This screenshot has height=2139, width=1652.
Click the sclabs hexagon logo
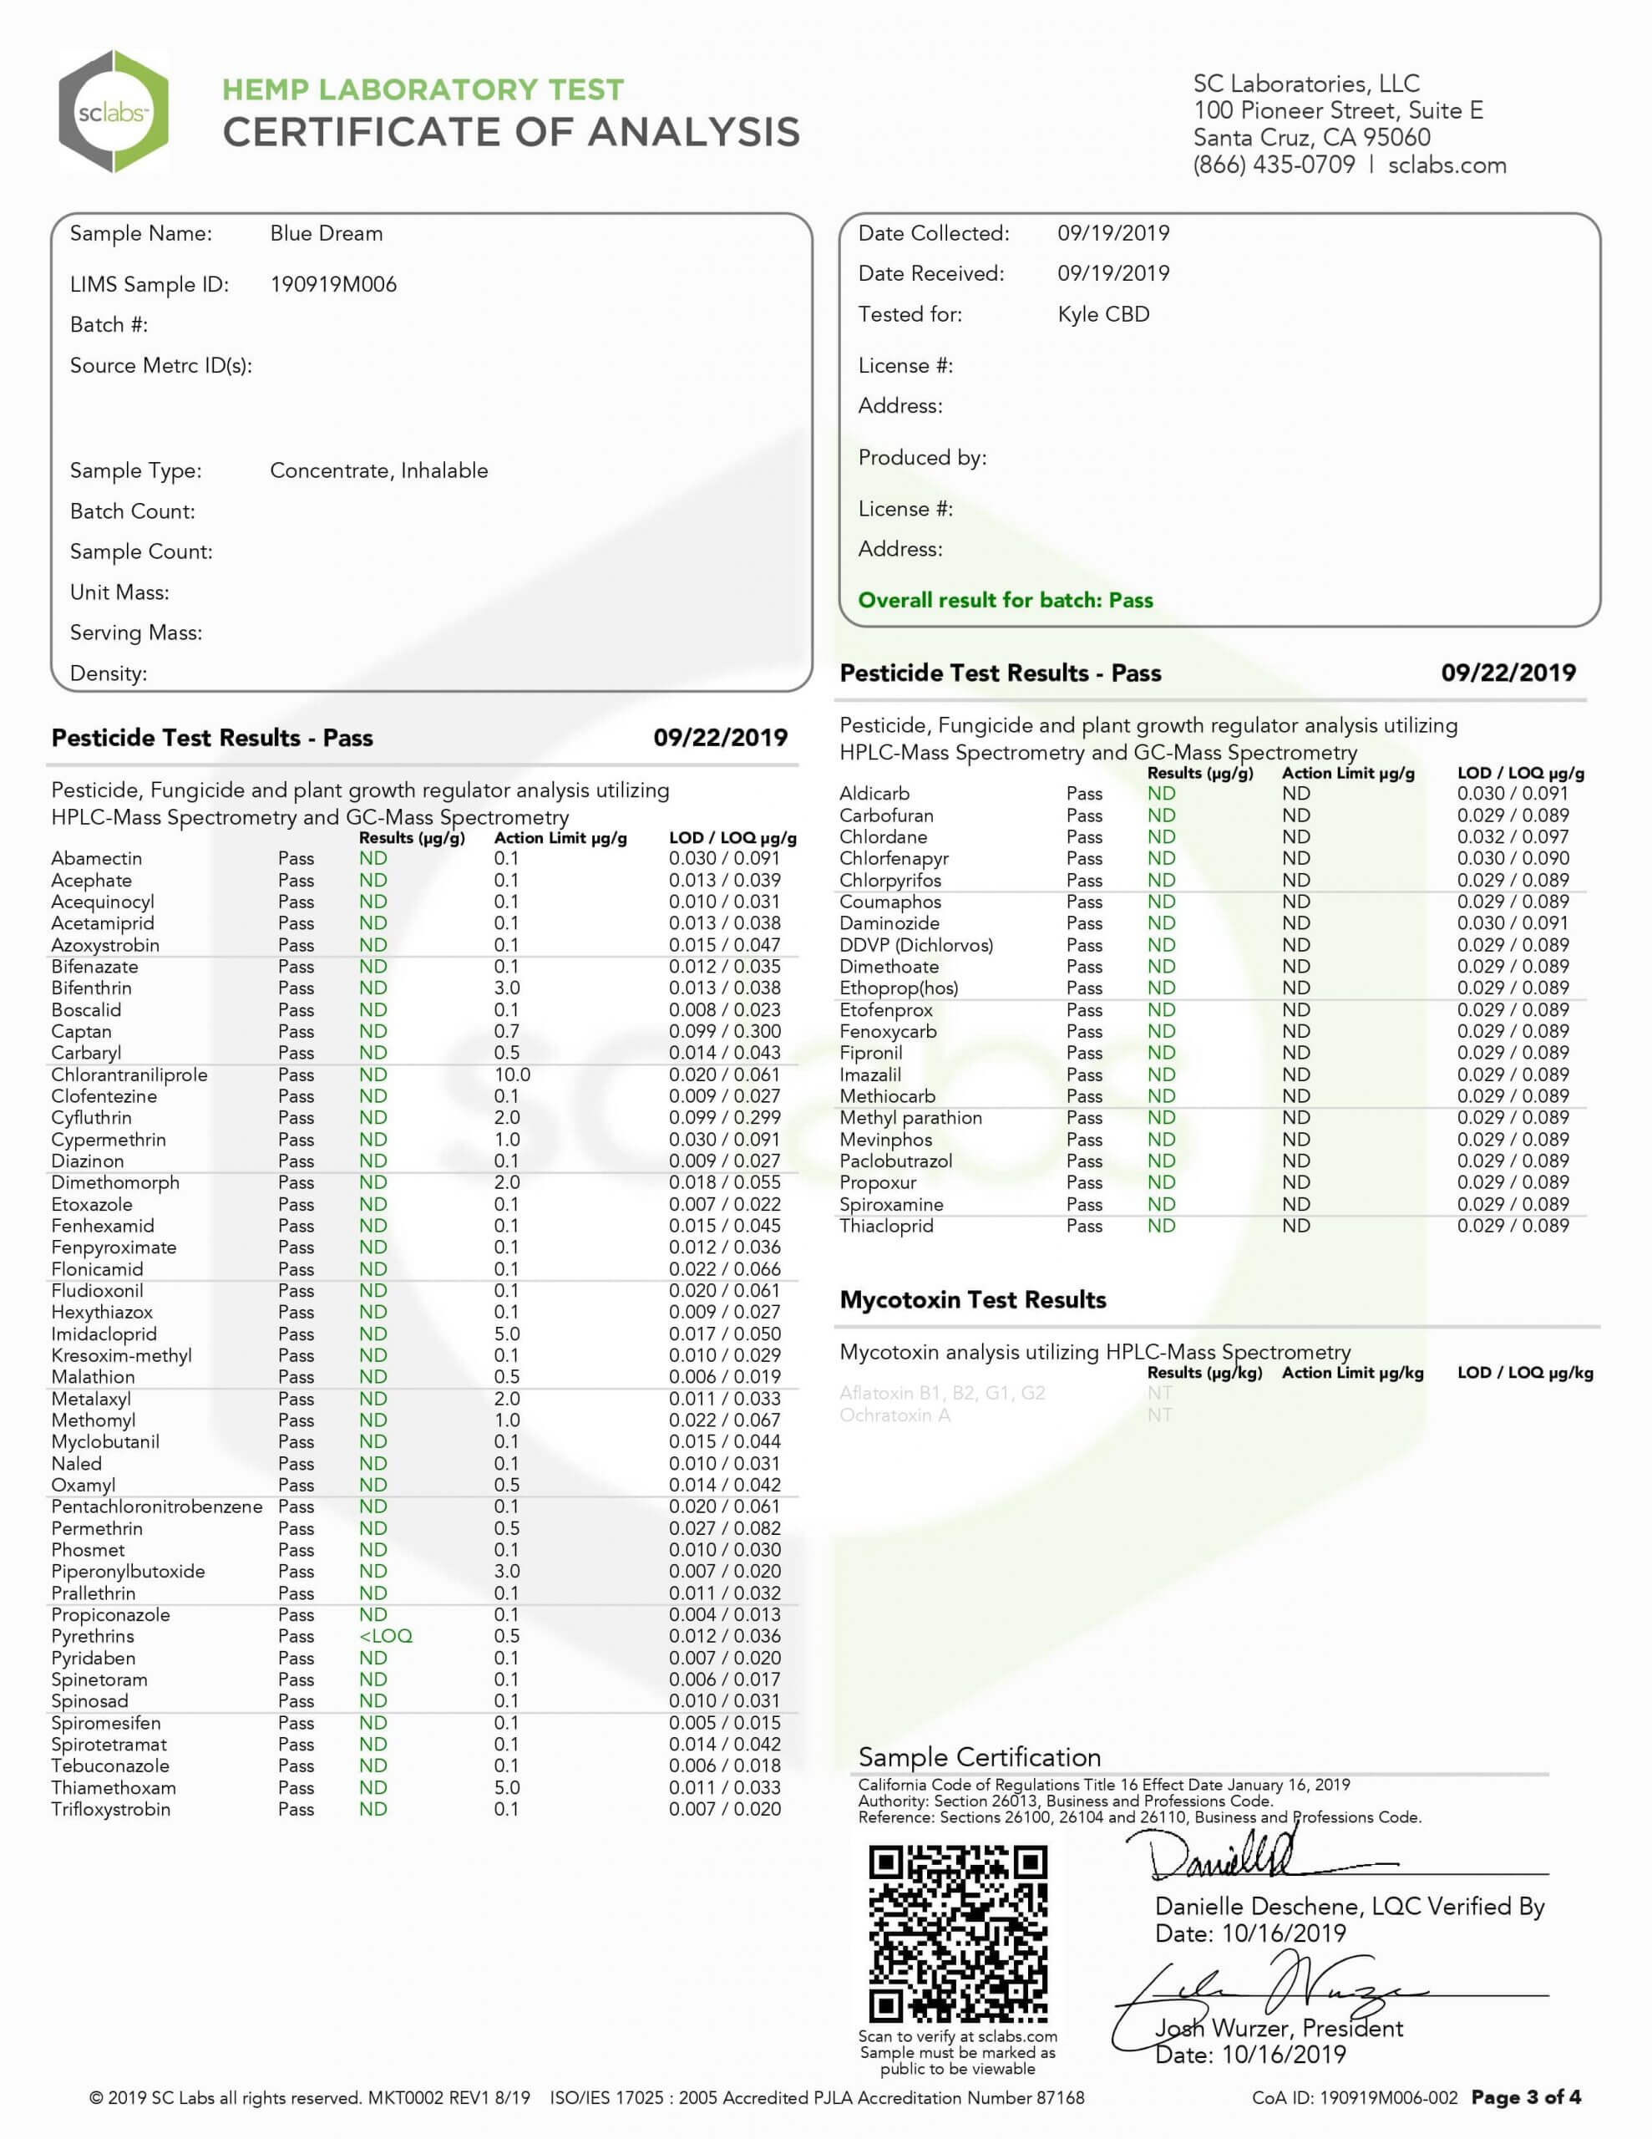click(x=114, y=112)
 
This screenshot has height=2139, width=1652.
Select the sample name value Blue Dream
click(x=326, y=233)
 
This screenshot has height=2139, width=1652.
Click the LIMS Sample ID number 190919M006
click(x=333, y=285)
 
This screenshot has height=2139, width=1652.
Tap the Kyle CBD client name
click(x=1102, y=314)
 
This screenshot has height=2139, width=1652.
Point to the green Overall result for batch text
click(x=1005, y=601)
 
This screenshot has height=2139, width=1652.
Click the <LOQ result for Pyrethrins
click(x=385, y=1637)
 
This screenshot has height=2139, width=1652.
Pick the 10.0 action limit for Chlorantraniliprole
click(x=511, y=1075)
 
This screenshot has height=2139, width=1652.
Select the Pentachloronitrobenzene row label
click(x=157, y=1506)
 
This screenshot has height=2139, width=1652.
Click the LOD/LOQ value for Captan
click(x=725, y=1031)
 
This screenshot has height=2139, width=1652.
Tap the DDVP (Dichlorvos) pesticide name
click(x=915, y=945)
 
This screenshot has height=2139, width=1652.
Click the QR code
click(x=958, y=1933)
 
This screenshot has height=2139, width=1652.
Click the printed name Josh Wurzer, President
click(x=1279, y=2029)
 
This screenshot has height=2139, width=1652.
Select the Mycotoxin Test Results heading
click(x=972, y=1299)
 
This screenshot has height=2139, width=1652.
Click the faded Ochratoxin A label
click(x=894, y=1415)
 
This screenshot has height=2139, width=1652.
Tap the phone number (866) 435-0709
click(x=1273, y=165)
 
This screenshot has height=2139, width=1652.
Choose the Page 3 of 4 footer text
click(x=1526, y=2097)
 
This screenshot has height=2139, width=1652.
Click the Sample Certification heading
click(x=979, y=1756)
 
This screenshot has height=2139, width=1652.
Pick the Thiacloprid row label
click(x=885, y=1227)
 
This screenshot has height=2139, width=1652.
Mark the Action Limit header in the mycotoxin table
click(x=1352, y=1372)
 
